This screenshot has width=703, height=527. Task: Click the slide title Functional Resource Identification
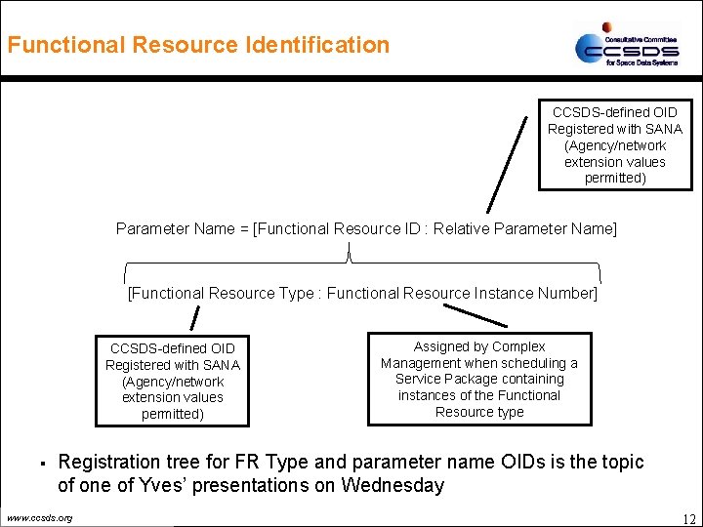point(198,45)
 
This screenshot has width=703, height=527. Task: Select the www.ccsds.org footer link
point(39,517)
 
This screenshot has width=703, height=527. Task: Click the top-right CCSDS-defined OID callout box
point(614,144)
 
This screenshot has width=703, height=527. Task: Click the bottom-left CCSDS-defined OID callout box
point(172,381)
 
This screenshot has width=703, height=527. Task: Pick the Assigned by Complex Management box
point(478,379)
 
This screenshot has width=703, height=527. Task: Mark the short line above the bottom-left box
point(194,318)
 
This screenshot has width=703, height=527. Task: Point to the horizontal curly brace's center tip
point(351,256)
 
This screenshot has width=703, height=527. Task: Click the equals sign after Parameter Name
point(244,228)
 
